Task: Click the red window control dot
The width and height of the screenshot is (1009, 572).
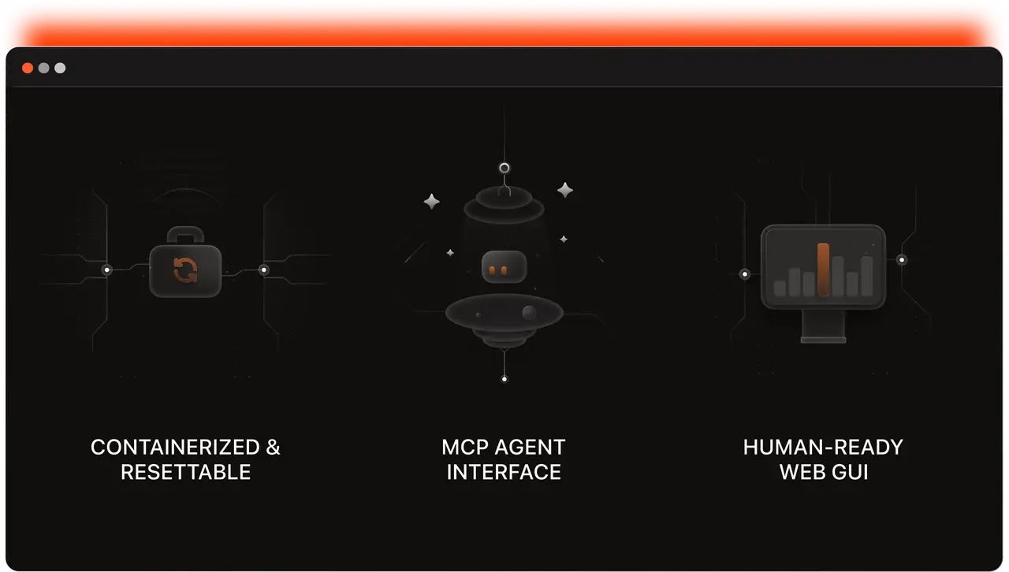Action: point(28,68)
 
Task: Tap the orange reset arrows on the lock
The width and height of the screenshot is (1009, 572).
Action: point(185,270)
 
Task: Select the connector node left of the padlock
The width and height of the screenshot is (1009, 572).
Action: point(107,270)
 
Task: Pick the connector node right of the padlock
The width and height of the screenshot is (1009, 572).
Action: point(264,270)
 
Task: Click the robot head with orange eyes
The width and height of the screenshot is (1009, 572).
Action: point(504,266)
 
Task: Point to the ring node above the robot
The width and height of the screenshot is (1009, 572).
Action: point(504,168)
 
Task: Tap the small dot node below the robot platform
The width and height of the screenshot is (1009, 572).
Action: point(504,379)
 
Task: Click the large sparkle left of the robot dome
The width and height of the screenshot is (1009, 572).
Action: point(431,202)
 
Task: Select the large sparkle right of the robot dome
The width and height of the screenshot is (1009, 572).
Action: point(565,190)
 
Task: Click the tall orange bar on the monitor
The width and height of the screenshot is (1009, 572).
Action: point(824,269)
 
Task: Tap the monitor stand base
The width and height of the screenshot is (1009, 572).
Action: point(823,339)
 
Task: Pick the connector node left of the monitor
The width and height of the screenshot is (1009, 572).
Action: point(744,274)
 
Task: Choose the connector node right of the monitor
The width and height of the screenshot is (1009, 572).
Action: point(902,260)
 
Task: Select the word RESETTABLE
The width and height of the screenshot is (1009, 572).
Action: point(185,473)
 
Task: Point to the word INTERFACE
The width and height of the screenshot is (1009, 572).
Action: point(504,473)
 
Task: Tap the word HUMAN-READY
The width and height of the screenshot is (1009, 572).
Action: point(823,448)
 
